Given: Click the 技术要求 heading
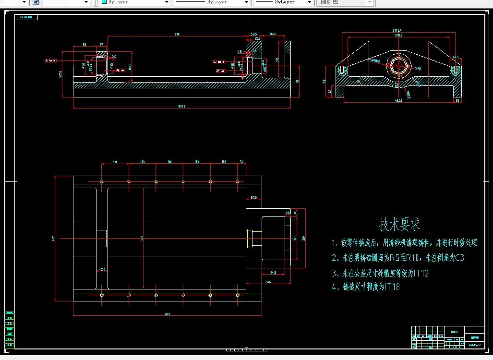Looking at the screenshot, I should (400, 224).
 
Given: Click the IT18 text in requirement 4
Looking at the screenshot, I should (392, 287).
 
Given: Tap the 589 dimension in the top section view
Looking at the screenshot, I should (177, 35).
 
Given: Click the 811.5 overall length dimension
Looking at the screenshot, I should (181, 106).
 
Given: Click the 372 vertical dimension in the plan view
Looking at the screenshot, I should (142, 239).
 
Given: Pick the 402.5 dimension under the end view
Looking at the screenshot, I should (398, 100).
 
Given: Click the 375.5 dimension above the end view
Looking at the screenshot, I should (398, 35).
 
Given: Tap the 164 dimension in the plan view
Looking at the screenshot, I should (268, 282).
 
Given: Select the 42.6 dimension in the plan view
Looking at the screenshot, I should (102, 269).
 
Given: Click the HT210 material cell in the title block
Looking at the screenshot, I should (454, 331).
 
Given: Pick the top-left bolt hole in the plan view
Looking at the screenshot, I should (102, 181).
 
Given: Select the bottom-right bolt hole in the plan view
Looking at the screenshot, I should (238, 295).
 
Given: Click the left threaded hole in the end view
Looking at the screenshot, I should (341, 71).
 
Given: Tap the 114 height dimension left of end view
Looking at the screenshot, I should (325, 81).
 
